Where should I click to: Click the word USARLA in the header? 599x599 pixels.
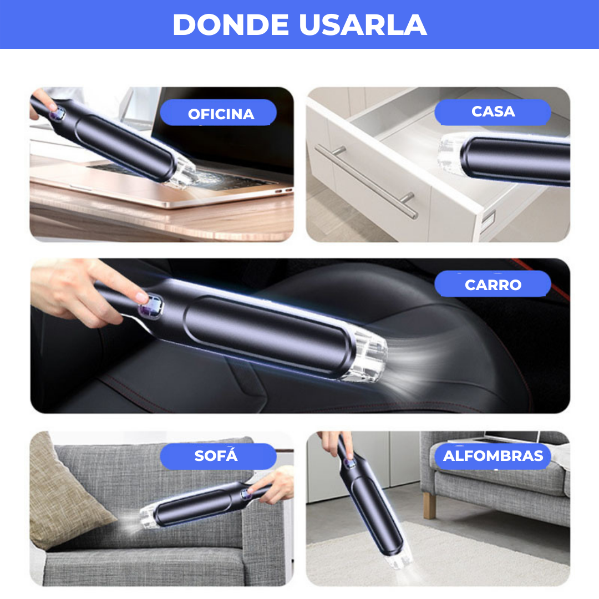coord(363,25)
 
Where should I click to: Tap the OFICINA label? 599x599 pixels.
coord(219,113)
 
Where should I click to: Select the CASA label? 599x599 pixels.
coord(493,112)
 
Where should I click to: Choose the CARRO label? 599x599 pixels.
coord(493,284)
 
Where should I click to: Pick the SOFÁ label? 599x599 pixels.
coord(218,456)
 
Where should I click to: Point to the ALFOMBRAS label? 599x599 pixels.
coord(493,456)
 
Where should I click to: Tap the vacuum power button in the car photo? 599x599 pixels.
coord(151,306)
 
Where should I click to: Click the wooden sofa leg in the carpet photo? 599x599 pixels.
coord(429,505)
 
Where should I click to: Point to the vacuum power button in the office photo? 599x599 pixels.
coord(58,114)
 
